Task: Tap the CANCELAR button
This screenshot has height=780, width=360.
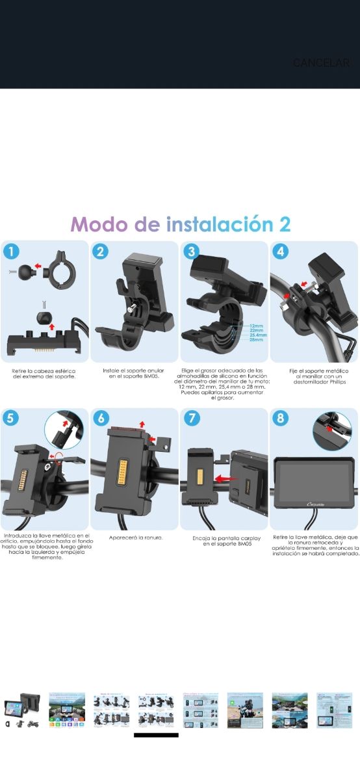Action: pos(321,63)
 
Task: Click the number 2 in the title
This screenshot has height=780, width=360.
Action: pos(284,224)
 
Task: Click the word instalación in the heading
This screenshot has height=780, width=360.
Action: pos(220,224)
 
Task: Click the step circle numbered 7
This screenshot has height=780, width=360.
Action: pos(192,418)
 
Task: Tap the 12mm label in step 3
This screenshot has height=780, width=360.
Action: pos(255,325)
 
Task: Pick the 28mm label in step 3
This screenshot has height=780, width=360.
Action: pos(255,340)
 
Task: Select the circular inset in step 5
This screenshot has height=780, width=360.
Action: pos(65,428)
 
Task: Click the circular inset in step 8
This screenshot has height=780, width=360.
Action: pos(331,428)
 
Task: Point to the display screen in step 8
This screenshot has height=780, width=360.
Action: pos(313,484)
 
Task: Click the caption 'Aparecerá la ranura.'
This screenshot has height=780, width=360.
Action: pos(135,538)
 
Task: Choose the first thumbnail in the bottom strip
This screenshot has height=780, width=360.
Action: pos(22,710)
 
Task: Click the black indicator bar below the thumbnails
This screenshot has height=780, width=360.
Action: pos(156,735)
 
